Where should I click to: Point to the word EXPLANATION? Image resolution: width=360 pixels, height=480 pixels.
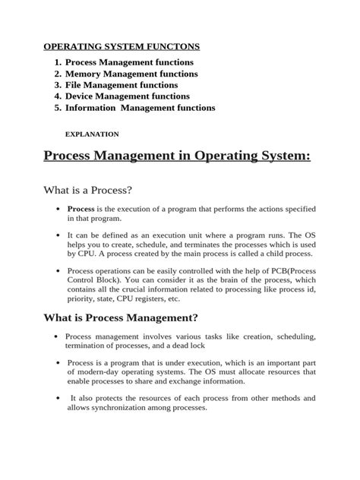click(x=92, y=134)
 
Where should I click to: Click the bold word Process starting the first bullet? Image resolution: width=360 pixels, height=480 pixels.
click(x=81, y=208)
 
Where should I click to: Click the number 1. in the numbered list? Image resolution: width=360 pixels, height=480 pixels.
click(x=58, y=62)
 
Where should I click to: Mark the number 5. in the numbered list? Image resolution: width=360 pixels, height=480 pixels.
click(x=58, y=108)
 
